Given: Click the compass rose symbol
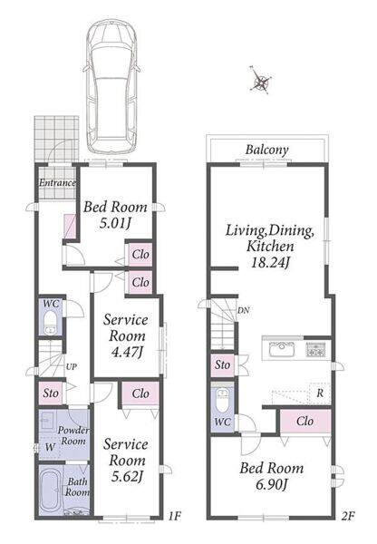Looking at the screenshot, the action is point(260,81).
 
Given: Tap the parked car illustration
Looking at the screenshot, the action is point(111,86).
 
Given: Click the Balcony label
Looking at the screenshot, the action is point(266,150).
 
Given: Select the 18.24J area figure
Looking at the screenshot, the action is point(270,262).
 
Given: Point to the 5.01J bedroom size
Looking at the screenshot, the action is point(115,223).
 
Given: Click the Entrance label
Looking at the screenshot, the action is point(57,182).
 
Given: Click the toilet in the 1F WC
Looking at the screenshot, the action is point(51,322).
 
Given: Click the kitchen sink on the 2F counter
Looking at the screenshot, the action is point(282,348).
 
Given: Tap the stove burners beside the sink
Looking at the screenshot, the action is point(315,349).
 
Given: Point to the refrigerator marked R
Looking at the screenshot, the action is point(320,393).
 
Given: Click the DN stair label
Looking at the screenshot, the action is point(244,310).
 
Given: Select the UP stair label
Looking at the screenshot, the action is point(71,366).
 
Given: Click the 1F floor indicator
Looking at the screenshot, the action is point(174,516).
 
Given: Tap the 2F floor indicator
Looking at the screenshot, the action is point(348,516).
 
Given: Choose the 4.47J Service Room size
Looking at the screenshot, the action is point(127,352).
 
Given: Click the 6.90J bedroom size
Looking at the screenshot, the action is point(272,484).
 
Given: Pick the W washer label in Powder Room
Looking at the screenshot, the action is point(50,447).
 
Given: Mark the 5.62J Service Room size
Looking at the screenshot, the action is point(127,477).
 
